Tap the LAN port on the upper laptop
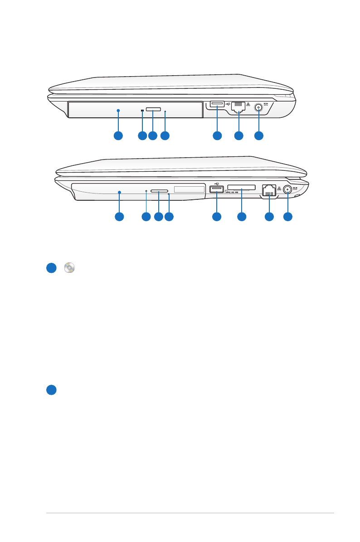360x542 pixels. click(238, 106)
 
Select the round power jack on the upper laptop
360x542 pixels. click(258, 108)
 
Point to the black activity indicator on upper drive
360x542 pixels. click(142, 110)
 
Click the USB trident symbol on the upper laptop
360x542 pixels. click(227, 103)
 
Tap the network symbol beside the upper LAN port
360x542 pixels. click(248, 105)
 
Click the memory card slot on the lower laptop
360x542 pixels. click(242, 188)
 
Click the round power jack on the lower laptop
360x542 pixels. click(287, 191)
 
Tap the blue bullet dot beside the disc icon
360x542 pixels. click(51, 268)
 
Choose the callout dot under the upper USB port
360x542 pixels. click(217, 135)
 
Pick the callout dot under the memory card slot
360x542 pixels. click(242, 217)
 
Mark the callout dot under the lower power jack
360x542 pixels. click(287, 217)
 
